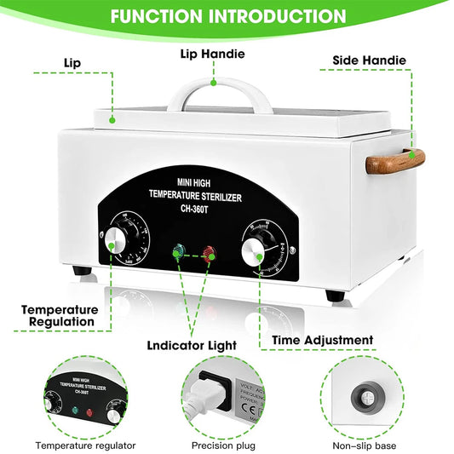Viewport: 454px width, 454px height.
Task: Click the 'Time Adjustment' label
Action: pyautogui.click(x=322, y=340)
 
